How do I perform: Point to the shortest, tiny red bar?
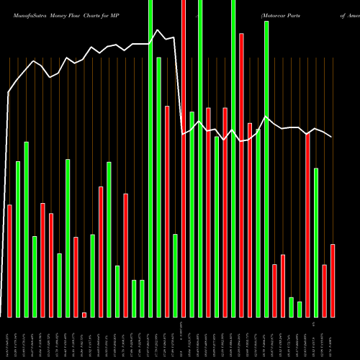point(84,315)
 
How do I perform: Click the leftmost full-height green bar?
point(150,158)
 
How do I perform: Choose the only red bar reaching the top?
point(184,158)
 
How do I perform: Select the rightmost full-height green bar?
point(233,158)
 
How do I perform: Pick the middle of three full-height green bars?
point(200,158)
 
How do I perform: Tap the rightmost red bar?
point(333,281)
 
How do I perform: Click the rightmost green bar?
point(316,242)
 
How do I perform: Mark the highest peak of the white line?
point(158,30)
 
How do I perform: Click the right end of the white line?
point(332,137)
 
